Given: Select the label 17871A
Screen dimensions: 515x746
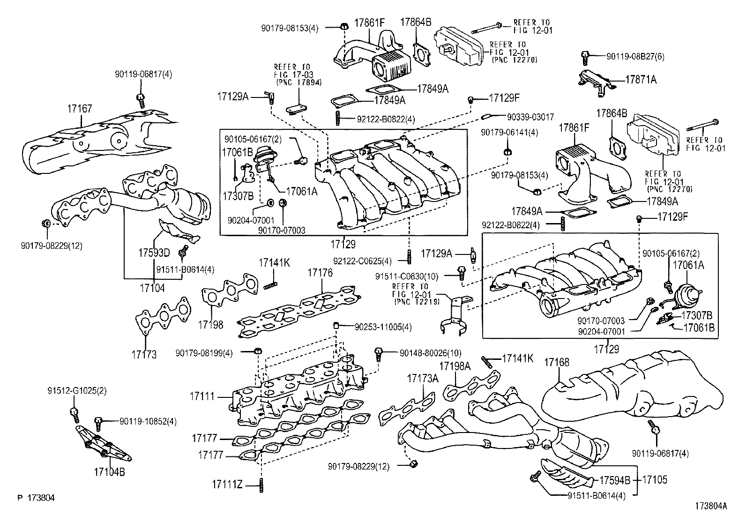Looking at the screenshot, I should (x=641, y=80).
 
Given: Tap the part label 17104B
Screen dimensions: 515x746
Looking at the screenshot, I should (x=109, y=472).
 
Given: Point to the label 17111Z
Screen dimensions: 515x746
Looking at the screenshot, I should (x=226, y=484).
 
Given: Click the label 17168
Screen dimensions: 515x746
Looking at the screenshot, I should (x=557, y=362).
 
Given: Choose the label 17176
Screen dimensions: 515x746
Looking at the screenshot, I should (x=320, y=272).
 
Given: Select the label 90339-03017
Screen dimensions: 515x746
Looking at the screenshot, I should (x=530, y=116).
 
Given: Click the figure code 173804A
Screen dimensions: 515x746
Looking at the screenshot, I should (x=711, y=506).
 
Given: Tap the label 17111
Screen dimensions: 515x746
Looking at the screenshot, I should (x=202, y=396).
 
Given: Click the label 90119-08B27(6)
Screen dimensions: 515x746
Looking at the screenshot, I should (x=635, y=56).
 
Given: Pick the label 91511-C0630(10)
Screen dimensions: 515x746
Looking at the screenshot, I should (x=407, y=276).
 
